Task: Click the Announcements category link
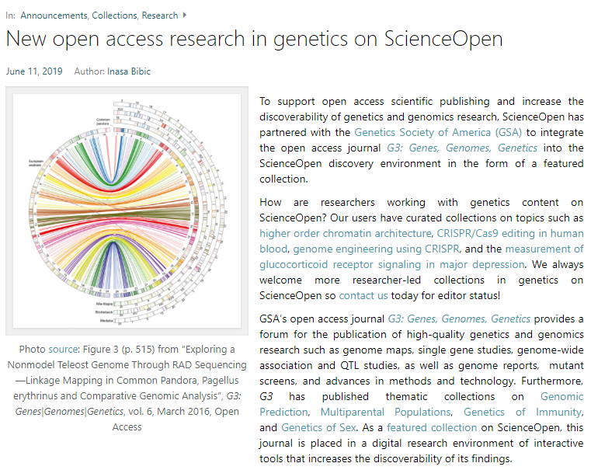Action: pyautogui.click(x=54, y=15)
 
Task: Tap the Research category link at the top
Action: pyautogui.click(x=159, y=15)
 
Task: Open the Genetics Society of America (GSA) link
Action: pyautogui.click(x=438, y=132)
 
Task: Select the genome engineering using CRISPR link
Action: pyautogui.click(x=376, y=249)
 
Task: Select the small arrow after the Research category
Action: pyautogui.click(x=183, y=15)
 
